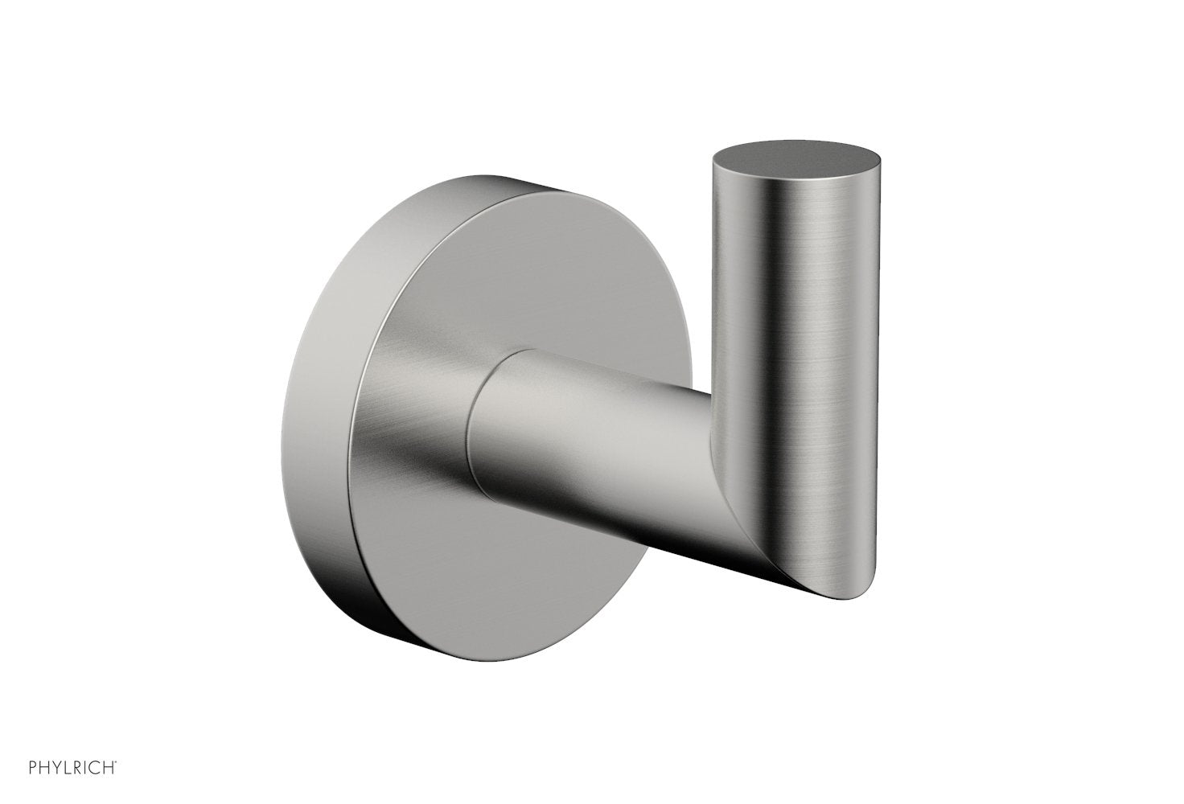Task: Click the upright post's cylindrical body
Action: click(796, 362)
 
